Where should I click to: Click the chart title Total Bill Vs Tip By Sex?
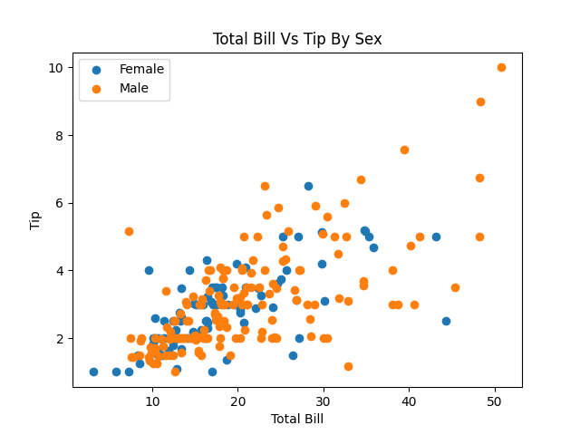click(x=297, y=39)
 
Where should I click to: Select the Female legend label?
click(x=141, y=69)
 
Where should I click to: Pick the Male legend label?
click(x=133, y=89)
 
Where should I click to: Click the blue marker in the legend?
click(x=97, y=69)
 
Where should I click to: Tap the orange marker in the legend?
click(x=97, y=89)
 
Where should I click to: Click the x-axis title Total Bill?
click(x=297, y=419)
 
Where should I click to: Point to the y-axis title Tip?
click(x=35, y=219)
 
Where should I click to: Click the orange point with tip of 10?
click(x=501, y=67)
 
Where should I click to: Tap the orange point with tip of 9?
click(x=480, y=101)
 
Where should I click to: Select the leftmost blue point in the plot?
click(x=93, y=372)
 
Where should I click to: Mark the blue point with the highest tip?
click(x=308, y=186)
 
